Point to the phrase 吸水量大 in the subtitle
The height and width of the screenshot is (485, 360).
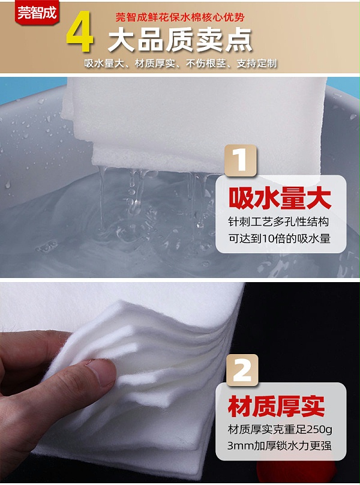tap(103, 64)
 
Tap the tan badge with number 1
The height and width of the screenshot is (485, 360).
tap(240, 160)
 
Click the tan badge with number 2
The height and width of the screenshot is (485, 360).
tap(242, 371)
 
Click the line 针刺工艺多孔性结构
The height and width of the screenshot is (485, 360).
tap(279, 222)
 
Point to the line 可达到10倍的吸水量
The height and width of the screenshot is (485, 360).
tap(279, 239)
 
